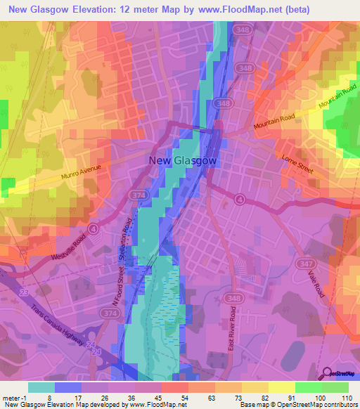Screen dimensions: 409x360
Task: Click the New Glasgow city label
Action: pos(183,160)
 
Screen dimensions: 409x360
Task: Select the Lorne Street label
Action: pos(295,164)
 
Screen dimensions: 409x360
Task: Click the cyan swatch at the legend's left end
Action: pos(41,387)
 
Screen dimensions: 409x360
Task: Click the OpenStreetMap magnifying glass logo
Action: pos(328,372)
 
